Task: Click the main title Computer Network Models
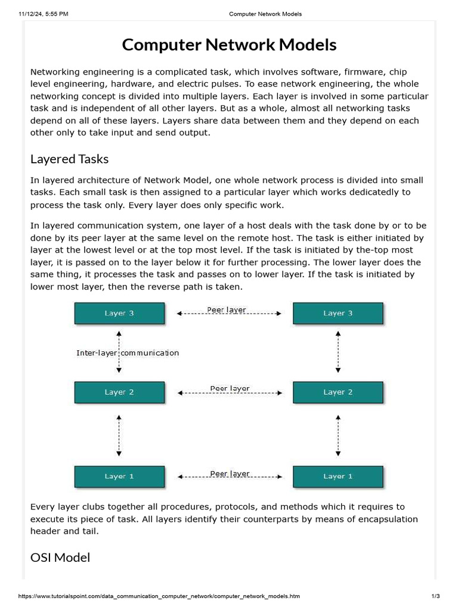(x=229, y=45)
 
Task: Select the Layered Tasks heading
(x=69, y=159)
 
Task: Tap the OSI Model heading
(x=60, y=558)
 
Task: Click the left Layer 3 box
(x=119, y=313)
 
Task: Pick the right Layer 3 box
(x=338, y=313)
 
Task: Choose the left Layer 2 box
(x=119, y=392)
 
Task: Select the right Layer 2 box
(x=338, y=392)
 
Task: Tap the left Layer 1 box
(x=119, y=476)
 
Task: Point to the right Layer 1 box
(x=338, y=476)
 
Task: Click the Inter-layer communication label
(x=128, y=353)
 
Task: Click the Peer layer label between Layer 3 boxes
(x=227, y=310)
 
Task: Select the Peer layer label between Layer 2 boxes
(x=230, y=388)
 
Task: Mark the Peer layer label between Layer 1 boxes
(x=230, y=474)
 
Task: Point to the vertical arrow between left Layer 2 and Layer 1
(x=119, y=434)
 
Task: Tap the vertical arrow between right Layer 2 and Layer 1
(x=338, y=434)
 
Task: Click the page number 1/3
(x=435, y=596)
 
